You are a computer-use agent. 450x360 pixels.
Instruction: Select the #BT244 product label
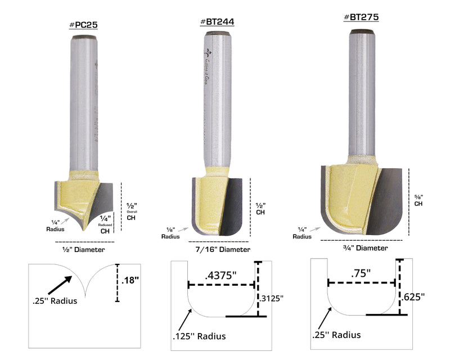[x=217, y=22]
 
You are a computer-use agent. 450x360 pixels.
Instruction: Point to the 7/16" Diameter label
[x=223, y=249]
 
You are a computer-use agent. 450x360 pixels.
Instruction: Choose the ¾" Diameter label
[x=364, y=247]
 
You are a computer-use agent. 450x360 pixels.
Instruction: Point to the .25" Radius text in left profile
[x=54, y=300]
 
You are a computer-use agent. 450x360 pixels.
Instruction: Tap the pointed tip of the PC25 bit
[x=83, y=229]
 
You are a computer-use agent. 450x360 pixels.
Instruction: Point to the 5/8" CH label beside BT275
[x=418, y=200]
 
